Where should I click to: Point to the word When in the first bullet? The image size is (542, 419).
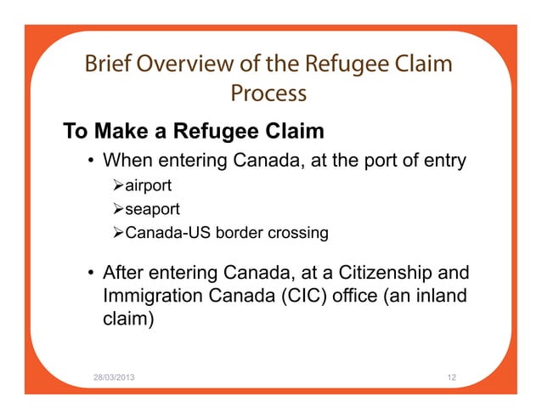(x=127, y=161)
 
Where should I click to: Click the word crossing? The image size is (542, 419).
(x=299, y=231)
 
